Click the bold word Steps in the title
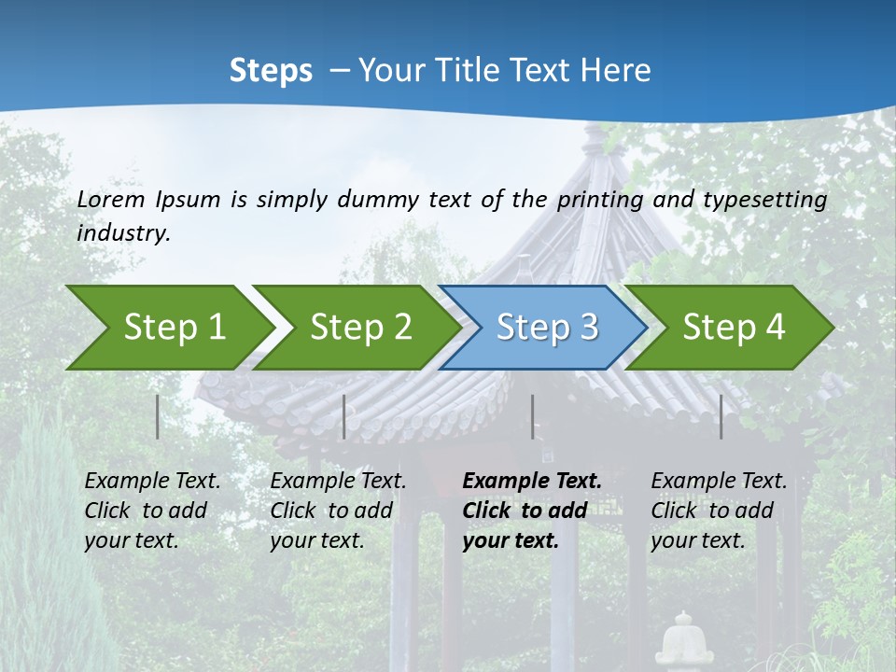click(271, 71)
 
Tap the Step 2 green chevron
click(360, 327)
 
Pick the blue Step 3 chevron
click(547, 327)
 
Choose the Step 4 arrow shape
click(734, 327)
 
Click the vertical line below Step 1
click(158, 416)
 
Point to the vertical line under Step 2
click(344, 416)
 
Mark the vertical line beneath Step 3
click(533, 416)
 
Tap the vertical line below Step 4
click(721, 416)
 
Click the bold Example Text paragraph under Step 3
click(531, 511)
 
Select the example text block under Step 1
click(152, 511)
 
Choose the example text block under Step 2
click(338, 511)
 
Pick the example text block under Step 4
click(719, 511)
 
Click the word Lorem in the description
click(111, 200)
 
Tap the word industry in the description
click(123, 233)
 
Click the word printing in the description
click(600, 200)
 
